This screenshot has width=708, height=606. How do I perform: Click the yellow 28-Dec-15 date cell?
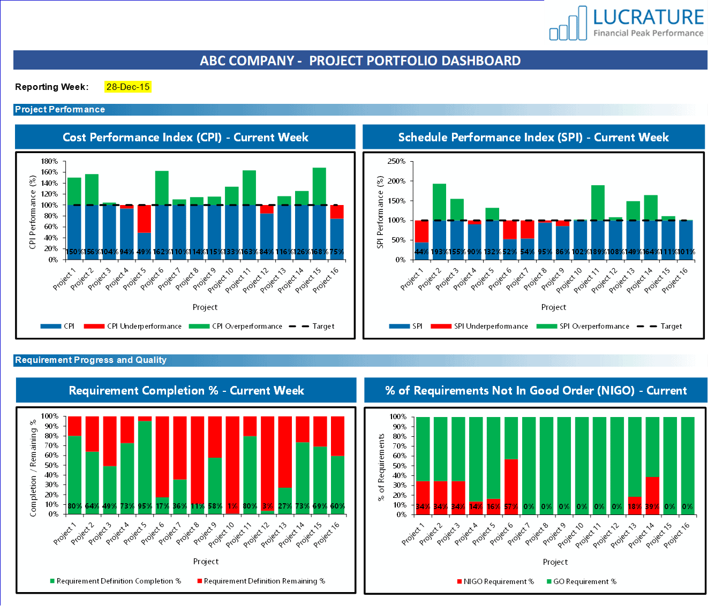point(128,87)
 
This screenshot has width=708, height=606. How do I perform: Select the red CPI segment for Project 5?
point(144,218)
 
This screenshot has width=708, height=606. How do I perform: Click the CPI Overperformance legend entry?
point(236,326)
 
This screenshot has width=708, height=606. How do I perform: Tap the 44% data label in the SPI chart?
point(421,252)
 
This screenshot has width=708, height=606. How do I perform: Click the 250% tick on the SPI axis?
point(396,161)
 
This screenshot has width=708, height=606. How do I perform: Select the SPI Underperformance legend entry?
point(480,326)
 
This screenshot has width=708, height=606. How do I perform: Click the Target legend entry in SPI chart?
point(660,326)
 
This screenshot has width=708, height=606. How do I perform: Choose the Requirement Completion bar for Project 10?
point(232,465)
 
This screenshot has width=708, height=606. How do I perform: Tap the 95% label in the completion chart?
point(145,506)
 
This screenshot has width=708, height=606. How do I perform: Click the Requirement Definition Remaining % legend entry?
point(261,581)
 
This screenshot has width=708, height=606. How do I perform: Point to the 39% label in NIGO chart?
point(652,506)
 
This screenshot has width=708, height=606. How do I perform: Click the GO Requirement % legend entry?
point(582,581)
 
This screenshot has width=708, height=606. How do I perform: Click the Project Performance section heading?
point(60,109)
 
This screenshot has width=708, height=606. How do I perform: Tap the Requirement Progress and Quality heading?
point(91,360)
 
